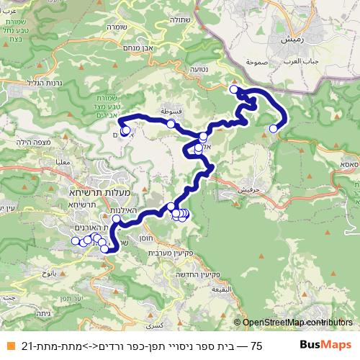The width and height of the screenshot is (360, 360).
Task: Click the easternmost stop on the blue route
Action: click(x=273, y=129)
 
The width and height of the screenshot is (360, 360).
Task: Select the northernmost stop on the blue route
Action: click(x=233, y=89)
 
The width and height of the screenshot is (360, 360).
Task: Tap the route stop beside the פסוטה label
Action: click(x=171, y=124)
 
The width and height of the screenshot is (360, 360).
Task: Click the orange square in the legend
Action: click(x=7, y=346)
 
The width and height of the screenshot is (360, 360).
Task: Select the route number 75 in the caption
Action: click(x=256, y=346)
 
